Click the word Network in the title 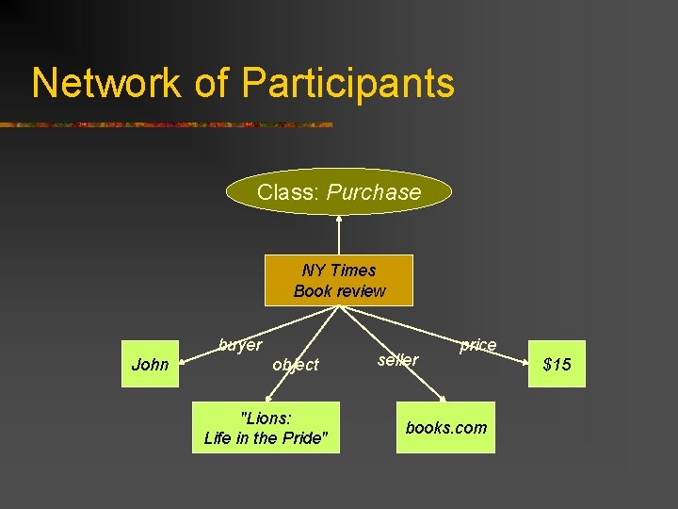105,83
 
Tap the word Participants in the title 347,83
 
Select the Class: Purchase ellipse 339,192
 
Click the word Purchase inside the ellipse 374,192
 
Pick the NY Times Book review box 339,280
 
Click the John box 151,364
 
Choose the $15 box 557,364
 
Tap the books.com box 446,427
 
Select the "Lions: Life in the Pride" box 266,427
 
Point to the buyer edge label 240,345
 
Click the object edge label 295,364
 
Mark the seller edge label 397,359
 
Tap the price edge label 477,345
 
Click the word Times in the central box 353,270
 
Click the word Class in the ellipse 289,192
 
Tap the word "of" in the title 213,83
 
